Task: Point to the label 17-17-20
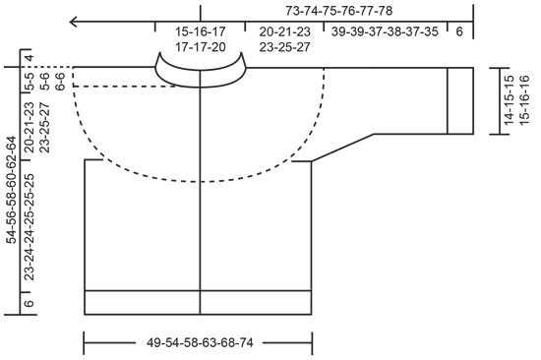[199, 46]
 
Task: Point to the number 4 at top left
[30, 58]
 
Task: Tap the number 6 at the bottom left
[29, 304]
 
